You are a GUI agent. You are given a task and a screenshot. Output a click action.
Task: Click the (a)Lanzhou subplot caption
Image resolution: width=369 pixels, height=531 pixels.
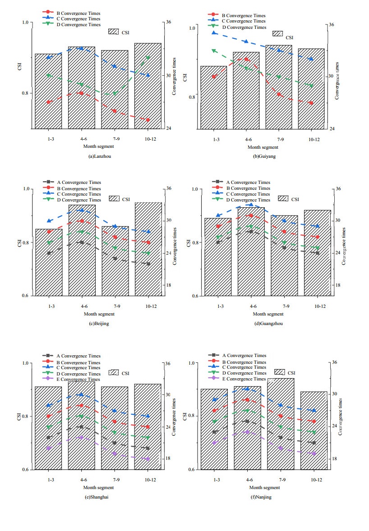[x=100, y=156]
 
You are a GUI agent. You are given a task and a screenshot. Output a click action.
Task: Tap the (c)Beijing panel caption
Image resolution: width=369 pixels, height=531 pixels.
[x=100, y=323]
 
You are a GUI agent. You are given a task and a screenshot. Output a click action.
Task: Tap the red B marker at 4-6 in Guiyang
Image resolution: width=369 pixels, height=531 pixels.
[x=246, y=59]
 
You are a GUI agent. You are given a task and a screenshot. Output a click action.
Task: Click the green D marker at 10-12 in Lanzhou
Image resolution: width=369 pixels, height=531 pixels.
[x=148, y=58]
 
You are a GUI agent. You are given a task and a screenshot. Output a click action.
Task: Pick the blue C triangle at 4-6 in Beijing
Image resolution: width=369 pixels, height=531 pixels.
[x=82, y=210]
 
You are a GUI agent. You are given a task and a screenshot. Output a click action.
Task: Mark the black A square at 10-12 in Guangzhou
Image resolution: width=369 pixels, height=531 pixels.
[x=318, y=253]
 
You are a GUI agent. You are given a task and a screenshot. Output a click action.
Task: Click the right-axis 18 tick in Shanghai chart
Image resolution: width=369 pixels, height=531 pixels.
[x=168, y=458]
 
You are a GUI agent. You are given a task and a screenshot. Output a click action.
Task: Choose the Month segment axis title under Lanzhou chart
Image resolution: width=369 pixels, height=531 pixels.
[x=98, y=146]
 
